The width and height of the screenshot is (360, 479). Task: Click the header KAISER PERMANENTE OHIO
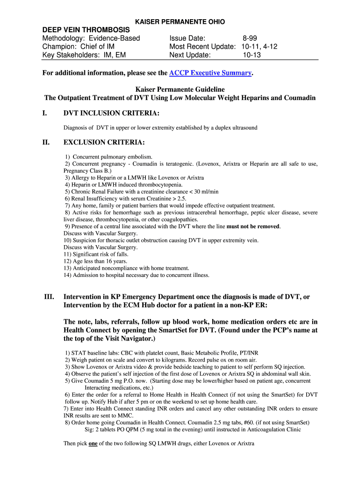[180, 22]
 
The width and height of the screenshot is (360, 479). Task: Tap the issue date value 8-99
[249, 38]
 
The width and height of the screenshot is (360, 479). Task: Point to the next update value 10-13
[252, 55]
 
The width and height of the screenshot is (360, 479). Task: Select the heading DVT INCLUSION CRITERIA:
[111, 114]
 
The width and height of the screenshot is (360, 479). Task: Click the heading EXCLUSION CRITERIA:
[104, 142]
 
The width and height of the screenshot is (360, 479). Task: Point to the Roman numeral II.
[46, 142]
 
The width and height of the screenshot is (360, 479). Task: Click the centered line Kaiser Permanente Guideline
[180, 89]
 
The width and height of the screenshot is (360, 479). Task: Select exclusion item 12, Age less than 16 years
[95, 261]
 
